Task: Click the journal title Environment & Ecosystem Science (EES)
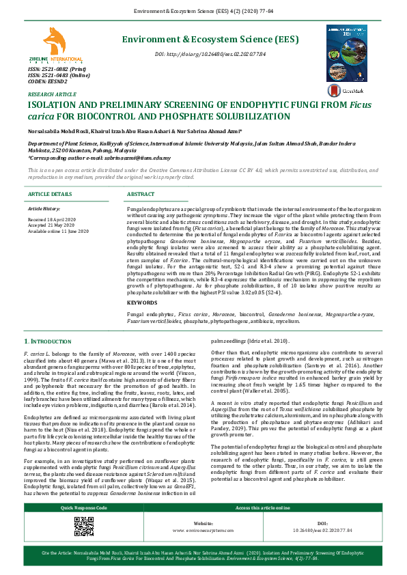pos(210,40)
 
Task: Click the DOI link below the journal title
pos(210,53)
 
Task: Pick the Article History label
pos(46,208)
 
